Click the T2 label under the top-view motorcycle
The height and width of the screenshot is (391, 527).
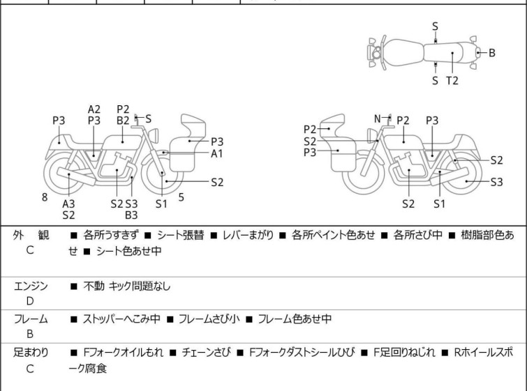(x=452, y=81)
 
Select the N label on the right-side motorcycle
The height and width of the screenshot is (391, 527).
(x=378, y=119)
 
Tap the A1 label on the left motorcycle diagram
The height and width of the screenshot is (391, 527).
(x=217, y=153)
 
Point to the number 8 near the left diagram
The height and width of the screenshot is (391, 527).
(x=45, y=197)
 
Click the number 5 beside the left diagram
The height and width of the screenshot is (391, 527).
(x=181, y=197)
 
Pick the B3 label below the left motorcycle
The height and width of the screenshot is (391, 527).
(x=131, y=215)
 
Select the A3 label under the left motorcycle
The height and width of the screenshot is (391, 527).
(x=68, y=204)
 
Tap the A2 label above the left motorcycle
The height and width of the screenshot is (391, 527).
(x=94, y=109)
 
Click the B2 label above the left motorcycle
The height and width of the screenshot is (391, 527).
(x=123, y=120)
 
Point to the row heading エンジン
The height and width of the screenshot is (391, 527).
(x=31, y=285)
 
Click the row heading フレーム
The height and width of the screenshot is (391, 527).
(x=31, y=319)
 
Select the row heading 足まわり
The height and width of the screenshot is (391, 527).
(x=31, y=353)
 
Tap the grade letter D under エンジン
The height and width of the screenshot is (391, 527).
(x=30, y=300)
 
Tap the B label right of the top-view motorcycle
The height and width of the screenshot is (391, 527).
(x=491, y=52)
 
